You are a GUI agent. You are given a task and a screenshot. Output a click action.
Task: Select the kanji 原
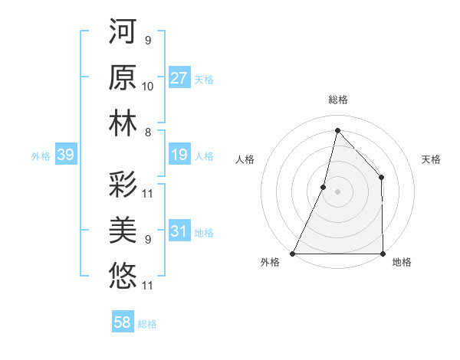pyautogui.click(x=123, y=78)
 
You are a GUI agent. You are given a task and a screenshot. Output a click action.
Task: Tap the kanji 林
pyautogui.click(x=123, y=124)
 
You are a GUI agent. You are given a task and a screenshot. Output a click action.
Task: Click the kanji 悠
pyautogui.click(x=123, y=276)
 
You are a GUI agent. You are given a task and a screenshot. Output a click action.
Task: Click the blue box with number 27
pyautogui.click(x=179, y=78)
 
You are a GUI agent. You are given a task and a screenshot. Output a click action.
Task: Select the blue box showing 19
pyautogui.click(x=179, y=155)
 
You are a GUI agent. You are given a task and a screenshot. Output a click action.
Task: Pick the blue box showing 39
pyautogui.click(x=65, y=155)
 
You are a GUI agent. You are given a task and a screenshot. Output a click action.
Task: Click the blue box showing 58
pyautogui.click(x=123, y=322)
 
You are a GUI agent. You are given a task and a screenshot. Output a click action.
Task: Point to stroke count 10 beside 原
pyautogui.click(x=148, y=87)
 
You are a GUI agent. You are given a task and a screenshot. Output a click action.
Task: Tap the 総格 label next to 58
pyautogui.click(x=147, y=324)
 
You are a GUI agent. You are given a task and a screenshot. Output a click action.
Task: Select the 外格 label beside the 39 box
pyautogui.click(x=41, y=156)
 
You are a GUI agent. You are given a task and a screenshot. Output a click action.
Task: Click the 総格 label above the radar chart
pyautogui.click(x=337, y=100)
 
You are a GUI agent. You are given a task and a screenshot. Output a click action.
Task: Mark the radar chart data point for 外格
pyautogui.click(x=292, y=254)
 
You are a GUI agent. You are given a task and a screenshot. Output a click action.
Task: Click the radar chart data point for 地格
pyautogui.click(x=383, y=254)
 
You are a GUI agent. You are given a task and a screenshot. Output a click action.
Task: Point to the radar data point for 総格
pyautogui.click(x=337, y=130)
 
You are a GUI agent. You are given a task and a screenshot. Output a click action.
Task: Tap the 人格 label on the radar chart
pyautogui.click(x=245, y=159)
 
